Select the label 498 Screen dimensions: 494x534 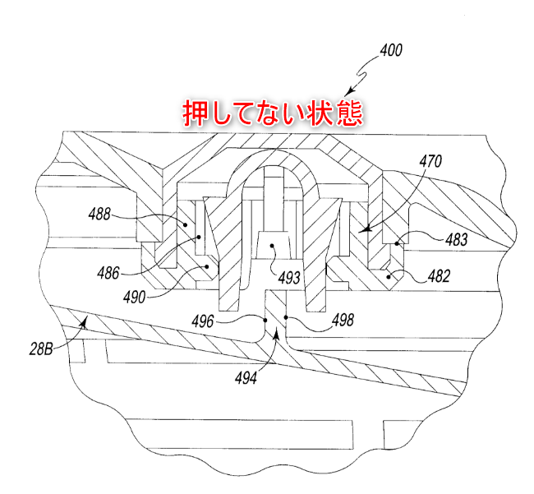point(342,321)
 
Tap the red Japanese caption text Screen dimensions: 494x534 point(271,113)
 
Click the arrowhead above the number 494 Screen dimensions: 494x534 point(276,333)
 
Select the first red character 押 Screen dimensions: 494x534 point(195,113)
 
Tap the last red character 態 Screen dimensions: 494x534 point(348,113)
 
